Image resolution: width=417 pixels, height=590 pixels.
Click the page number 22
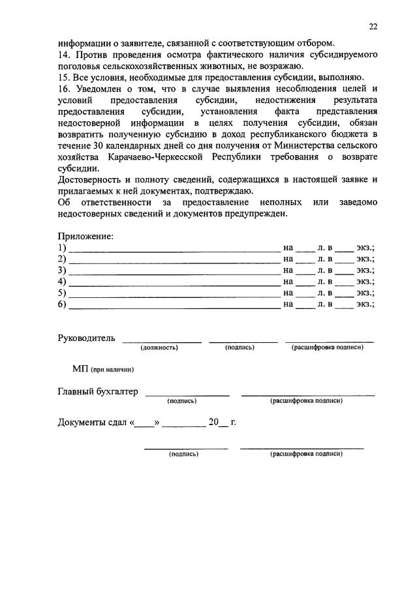pyautogui.click(x=372, y=27)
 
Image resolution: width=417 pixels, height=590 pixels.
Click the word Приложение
pyautogui.click(x=85, y=235)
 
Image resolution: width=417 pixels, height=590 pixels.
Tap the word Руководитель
pyautogui.click(x=86, y=338)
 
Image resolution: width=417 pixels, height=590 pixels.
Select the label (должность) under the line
pyautogui.click(x=159, y=347)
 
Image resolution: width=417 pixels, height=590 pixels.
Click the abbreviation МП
pyautogui.click(x=80, y=369)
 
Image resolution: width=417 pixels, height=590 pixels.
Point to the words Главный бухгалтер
pyautogui.click(x=98, y=391)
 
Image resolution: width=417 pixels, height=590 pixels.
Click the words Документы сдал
pyautogui.click(x=94, y=422)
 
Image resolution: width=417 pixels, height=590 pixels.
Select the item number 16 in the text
pyautogui.click(x=63, y=89)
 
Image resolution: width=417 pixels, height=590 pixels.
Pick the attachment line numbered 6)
pyautogui.click(x=174, y=305)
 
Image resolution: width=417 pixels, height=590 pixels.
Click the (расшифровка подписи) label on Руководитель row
pyautogui.click(x=327, y=347)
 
